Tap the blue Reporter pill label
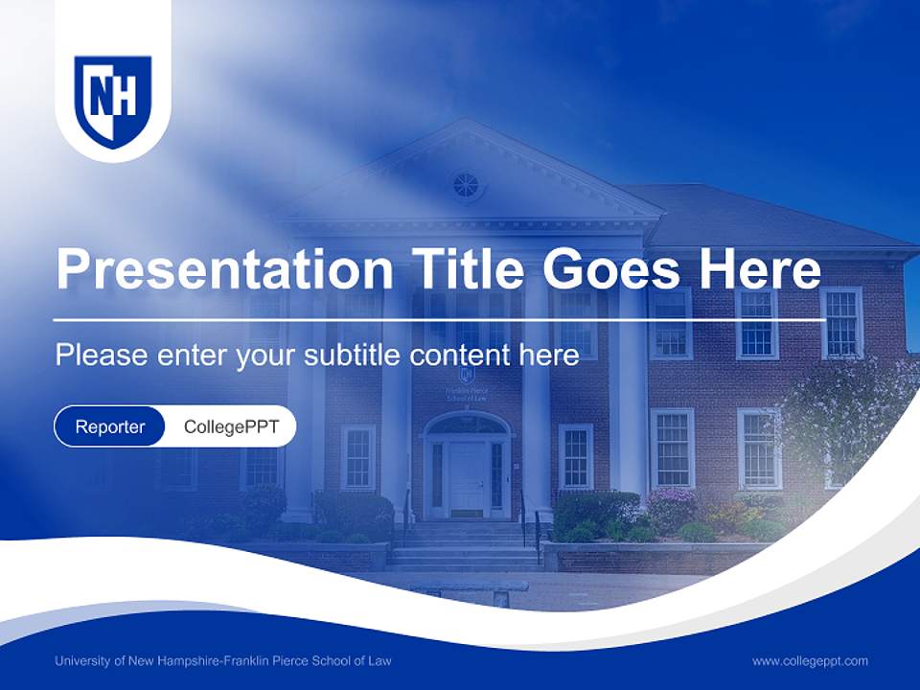click(110, 426)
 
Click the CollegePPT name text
click(231, 426)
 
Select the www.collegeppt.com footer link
click(810, 660)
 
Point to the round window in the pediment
click(466, 185)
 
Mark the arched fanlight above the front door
click(467, 424)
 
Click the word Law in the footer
click(379, 660)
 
